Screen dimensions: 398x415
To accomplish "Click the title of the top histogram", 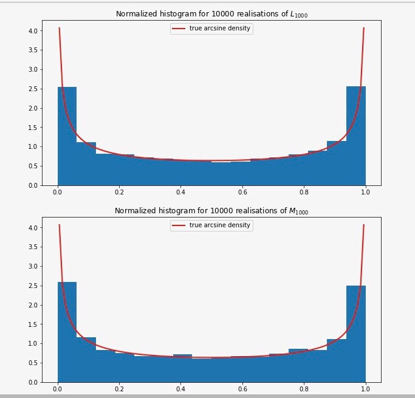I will click(x=211, y=14).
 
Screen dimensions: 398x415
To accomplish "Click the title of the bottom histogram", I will click(x=211, y=211).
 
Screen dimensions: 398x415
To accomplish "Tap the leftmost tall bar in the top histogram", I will click(x=67, y=137).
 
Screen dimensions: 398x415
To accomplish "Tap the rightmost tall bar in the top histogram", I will click(x=356, y=137).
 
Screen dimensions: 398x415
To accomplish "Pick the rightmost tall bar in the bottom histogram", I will click(x=356, y=335).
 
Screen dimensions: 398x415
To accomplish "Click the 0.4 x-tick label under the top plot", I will click(x=180, y=193).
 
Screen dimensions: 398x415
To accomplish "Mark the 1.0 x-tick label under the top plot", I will click(x=365, y=193).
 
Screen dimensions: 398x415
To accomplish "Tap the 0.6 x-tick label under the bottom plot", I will click(x=242, y=390).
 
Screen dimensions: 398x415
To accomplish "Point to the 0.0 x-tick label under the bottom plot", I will click(x=57, y=390).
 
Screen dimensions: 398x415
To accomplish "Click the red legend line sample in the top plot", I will click(x=180, y=28).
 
